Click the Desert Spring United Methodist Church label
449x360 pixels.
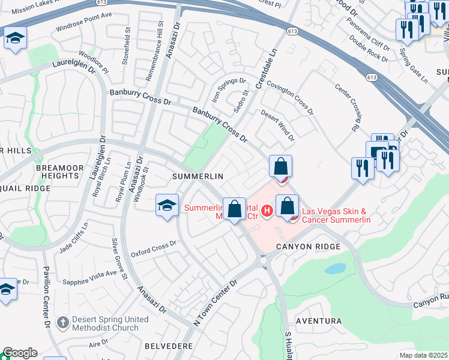pyautogui.click(x=105, y=323)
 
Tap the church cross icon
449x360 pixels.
pyautogui.click(x=63, y=323)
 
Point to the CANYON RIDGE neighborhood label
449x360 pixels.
pyautogui.click(x=309, y=247)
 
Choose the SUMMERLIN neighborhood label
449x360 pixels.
pyautogui.click(x=197, y=176)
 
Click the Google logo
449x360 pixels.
pyautogui.click(x=20, y=353)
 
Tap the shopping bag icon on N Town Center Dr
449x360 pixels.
pyautogui.click(x=235, y=209)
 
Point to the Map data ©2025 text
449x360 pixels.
pyautogui.click(x=423, y=355)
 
